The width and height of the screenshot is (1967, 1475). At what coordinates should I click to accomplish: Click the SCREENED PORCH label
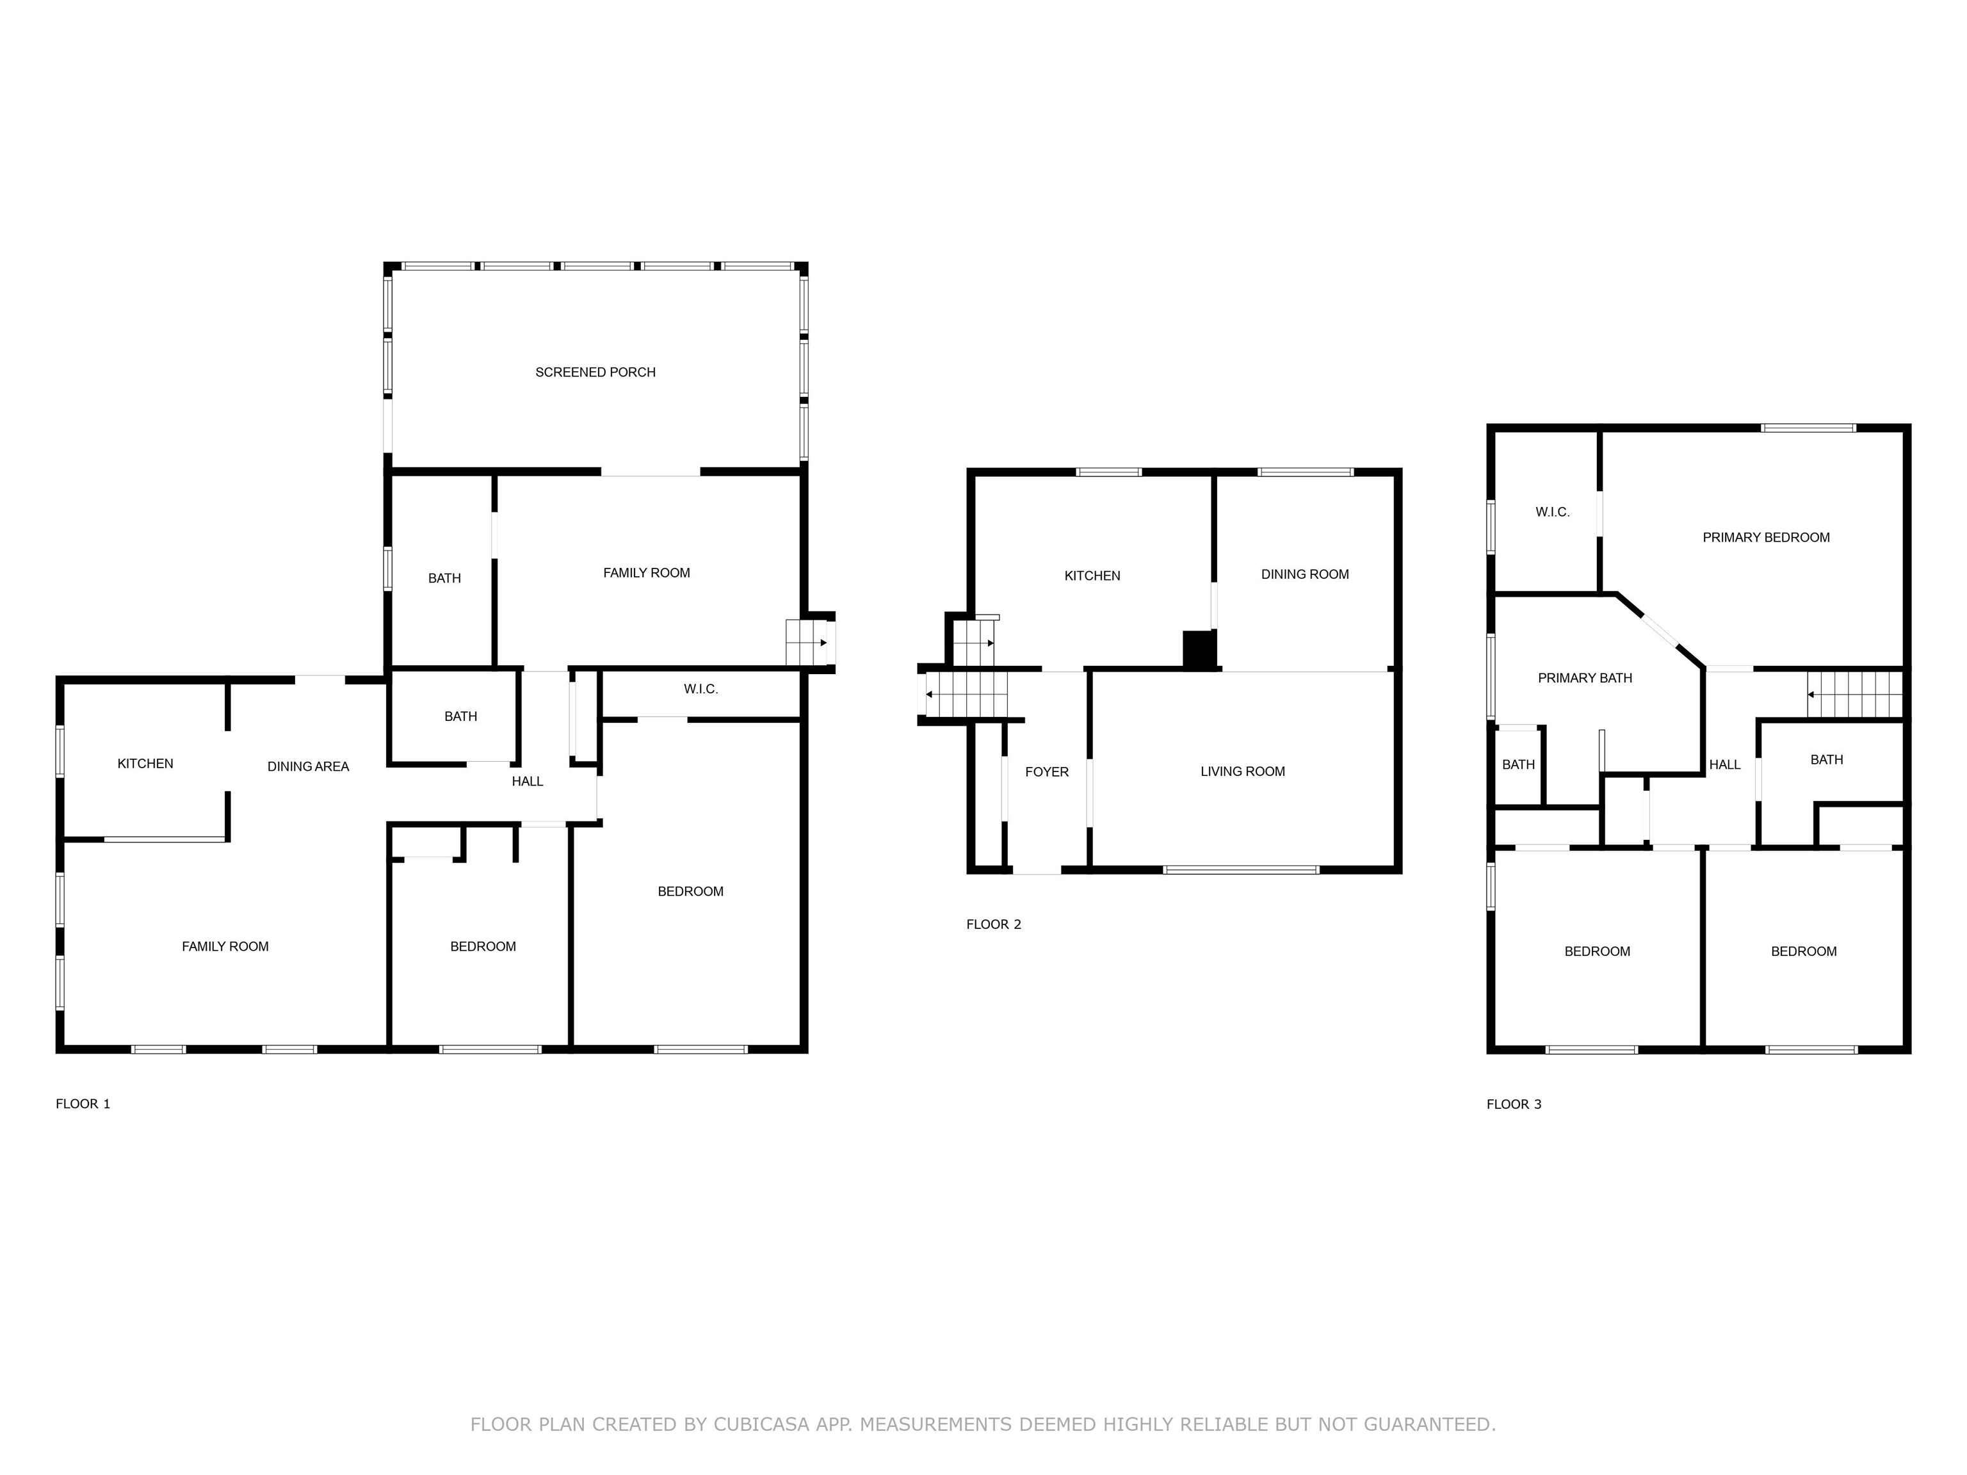[x=595, y=373]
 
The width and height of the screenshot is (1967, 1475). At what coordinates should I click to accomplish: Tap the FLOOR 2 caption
[x=993, y=924]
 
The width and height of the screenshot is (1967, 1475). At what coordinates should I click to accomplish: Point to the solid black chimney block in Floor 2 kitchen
[x=1199, y=649]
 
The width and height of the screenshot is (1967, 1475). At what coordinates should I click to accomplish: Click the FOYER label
[x=1047, y=771]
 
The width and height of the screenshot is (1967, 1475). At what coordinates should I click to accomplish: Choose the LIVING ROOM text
[x=1242, y=771]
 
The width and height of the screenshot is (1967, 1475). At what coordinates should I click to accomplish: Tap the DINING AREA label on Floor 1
[x=308, y=766]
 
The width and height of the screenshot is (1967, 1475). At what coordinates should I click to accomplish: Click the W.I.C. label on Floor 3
[x=1551, y=512]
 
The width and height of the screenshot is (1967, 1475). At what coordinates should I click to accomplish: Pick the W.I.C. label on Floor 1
[x=700, y=689]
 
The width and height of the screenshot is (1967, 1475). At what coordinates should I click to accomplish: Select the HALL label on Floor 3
[x=1724, y=764]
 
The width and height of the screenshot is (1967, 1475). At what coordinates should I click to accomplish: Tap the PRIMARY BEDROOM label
[x=1765, y=537]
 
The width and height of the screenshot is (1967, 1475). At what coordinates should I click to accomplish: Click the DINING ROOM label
[x=1304, y=574]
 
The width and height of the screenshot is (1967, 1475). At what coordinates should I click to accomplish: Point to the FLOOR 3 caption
[x=1514, y=1104]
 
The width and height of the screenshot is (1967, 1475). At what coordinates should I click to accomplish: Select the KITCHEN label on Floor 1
[x=145, y=764]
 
